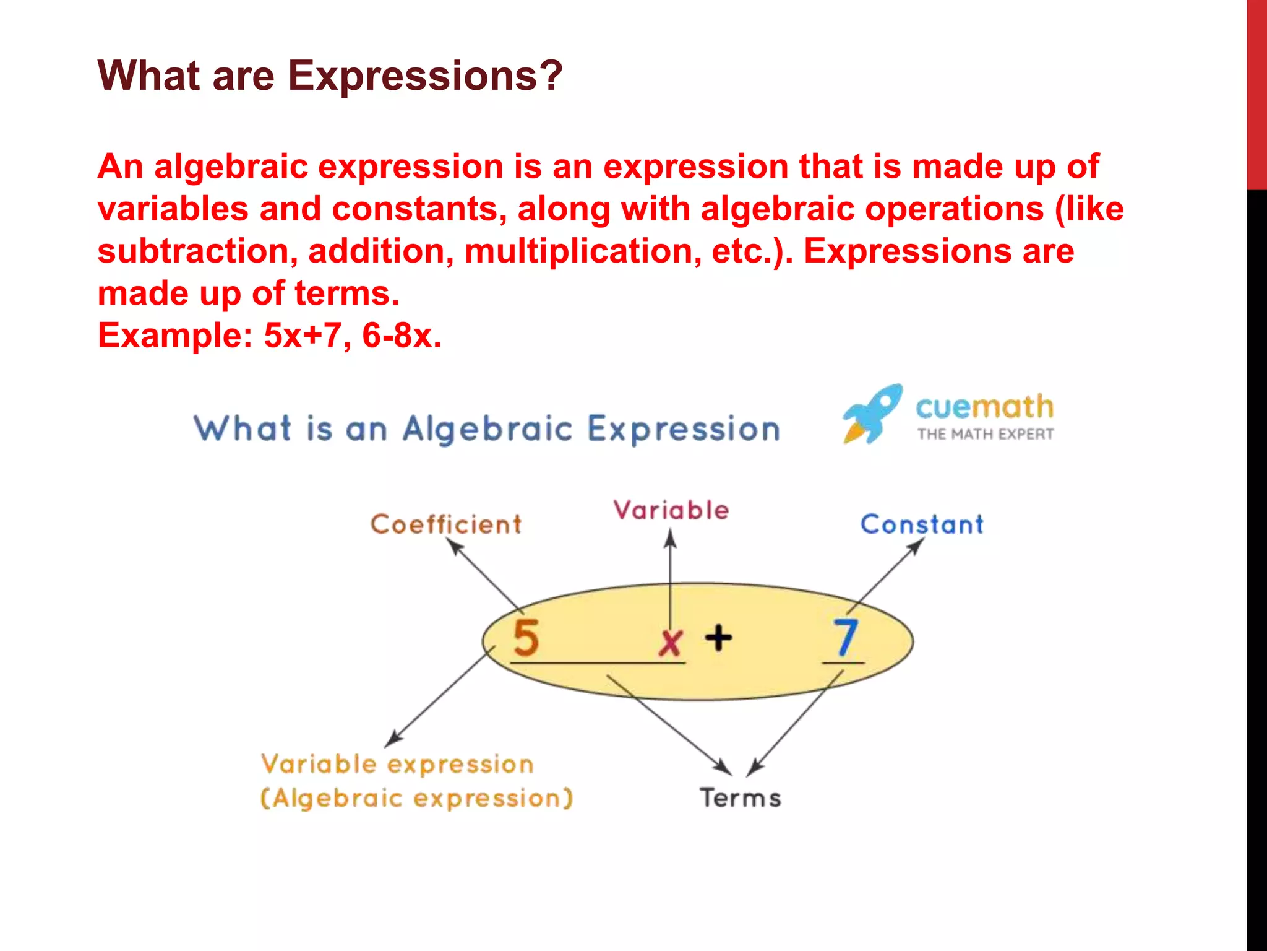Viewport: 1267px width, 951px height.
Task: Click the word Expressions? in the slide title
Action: (425, 76)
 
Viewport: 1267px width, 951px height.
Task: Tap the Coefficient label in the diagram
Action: (445, 525)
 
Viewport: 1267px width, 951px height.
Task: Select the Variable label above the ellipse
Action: (671, 511)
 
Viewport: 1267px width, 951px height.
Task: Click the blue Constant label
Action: (922, 525)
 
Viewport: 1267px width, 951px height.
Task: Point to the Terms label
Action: (741, 797)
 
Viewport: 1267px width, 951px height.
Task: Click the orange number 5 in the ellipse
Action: (526, 638)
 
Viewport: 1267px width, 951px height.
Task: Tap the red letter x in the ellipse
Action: (670, 642)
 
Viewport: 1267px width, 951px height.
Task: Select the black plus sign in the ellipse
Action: (718, 638)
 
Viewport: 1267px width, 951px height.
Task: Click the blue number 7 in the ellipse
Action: (845, 638)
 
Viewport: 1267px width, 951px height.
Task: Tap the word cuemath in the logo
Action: (984, 407)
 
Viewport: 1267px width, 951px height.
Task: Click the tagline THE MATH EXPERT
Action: (985, 435)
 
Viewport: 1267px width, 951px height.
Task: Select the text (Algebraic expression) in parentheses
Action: (416, 798)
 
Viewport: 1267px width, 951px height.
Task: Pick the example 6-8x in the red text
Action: (402, 336)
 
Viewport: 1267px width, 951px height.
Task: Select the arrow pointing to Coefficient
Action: (484, 573)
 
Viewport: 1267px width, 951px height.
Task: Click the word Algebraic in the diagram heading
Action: (487, 429)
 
